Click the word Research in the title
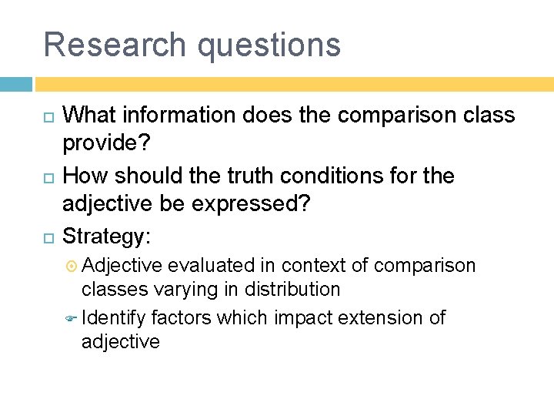[115, 44]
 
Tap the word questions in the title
[269, 45]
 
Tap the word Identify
[114, 317]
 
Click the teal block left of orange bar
[15, 83]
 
